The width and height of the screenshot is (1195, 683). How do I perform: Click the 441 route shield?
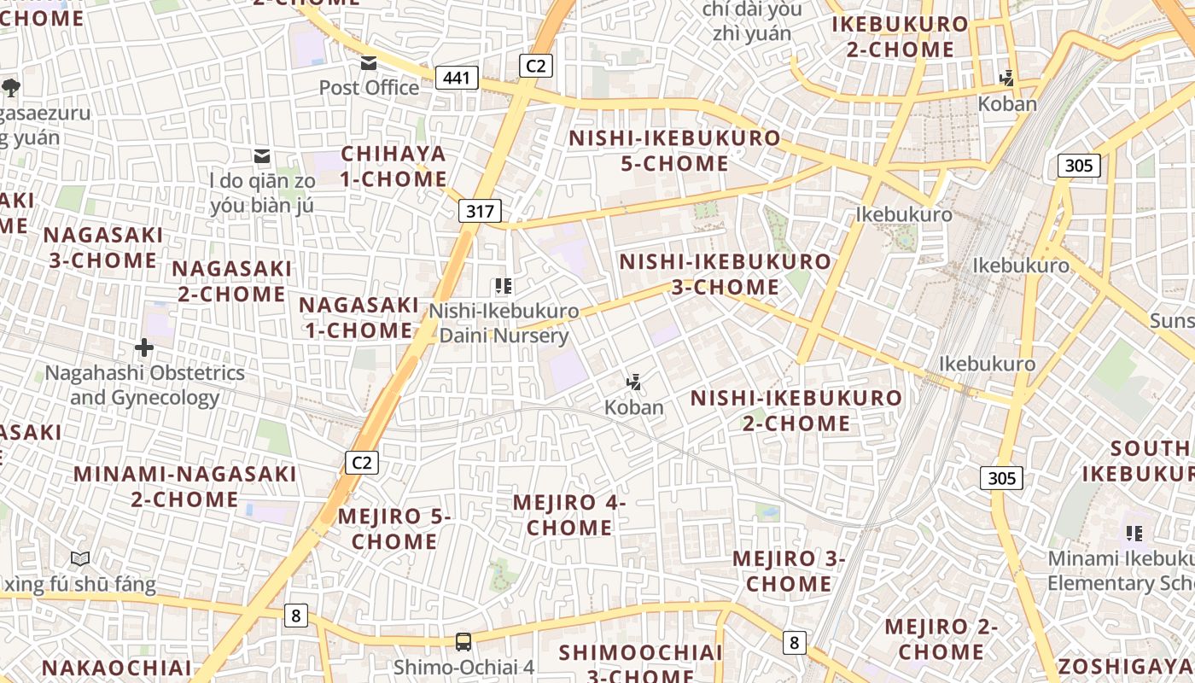point(457,79)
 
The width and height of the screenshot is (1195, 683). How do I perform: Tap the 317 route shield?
point(480,211)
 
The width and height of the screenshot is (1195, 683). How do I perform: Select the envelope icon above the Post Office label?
point(369,63)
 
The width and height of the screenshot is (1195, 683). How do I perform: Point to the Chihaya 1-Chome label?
point(393,166)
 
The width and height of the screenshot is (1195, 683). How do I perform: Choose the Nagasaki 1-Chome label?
point(358,318)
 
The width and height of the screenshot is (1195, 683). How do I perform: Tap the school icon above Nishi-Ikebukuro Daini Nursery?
point(504,286)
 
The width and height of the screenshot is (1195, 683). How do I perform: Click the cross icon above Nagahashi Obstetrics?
point(144,347)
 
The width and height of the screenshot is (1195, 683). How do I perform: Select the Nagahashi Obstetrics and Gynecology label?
point(144,385)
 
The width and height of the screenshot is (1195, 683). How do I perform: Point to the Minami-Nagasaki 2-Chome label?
point(185,486)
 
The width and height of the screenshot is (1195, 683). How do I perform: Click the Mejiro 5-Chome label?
point(394,528)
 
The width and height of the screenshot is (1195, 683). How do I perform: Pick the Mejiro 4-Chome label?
point(569,515)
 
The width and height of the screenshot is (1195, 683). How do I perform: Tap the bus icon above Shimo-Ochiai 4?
point(463,641)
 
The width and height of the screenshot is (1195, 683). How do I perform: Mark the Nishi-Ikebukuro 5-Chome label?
point(674,150)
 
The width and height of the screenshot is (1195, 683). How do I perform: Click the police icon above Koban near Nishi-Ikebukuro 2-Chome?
point(634,382)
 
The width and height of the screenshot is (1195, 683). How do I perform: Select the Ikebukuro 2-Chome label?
point(901,37)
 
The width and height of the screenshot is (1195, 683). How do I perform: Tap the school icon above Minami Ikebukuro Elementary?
point(1134,534)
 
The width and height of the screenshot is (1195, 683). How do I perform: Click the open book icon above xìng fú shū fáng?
point(80,559)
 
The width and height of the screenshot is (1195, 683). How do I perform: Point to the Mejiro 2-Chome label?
point(941,639)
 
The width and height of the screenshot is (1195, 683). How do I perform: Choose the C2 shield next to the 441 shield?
point(536,66)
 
